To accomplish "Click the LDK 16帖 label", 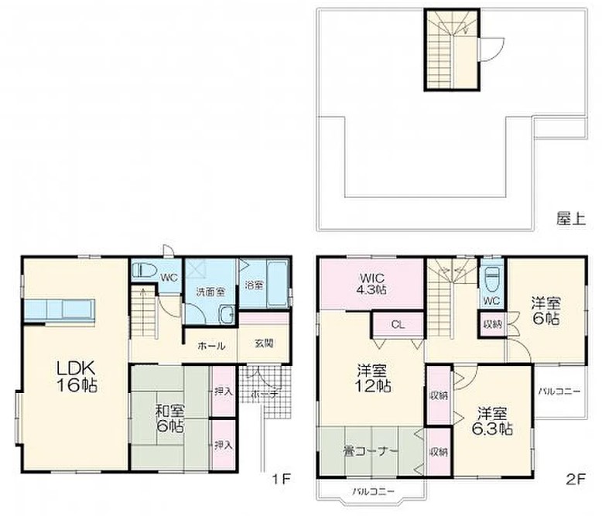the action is pos(77,377).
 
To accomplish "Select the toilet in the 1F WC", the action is pos(144,270).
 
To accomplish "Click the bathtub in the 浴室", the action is pos(277,284).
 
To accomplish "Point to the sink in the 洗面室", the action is pos(227,315).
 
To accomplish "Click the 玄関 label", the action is pos(264,343).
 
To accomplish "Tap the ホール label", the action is pos(211,346).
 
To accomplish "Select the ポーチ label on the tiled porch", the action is pos(265,394).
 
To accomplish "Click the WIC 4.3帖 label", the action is pos(372,283).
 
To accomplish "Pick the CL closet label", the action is pos(398,325).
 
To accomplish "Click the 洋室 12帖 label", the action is pos(371,378).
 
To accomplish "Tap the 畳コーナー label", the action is pos(370,452).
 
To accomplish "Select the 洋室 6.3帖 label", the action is pos(492,421).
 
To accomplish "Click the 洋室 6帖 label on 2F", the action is pos(546,311).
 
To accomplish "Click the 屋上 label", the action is pos(571,219).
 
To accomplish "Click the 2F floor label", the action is pos(576,479).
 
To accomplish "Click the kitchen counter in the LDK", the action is pos(60,310).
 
